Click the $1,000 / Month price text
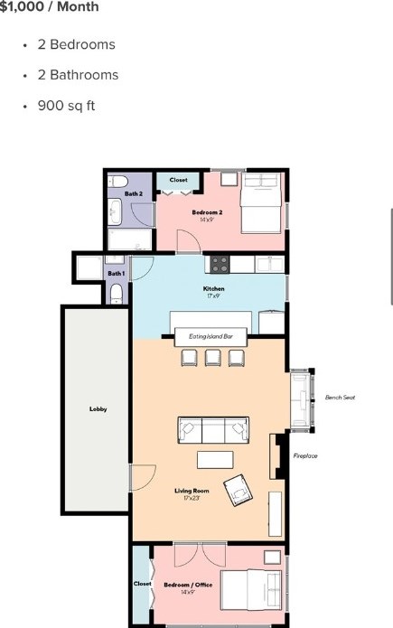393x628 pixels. (x=49, y=6)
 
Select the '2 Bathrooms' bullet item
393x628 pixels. (x=78, y=75)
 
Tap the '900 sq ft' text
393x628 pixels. (x=66, y=106)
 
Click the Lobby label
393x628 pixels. (x=98, y=409)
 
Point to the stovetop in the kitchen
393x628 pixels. (x=220, y=265)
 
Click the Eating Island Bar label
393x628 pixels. (x=211, y=336)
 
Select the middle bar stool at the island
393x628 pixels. (x=212, y=358)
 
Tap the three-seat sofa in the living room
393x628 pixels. (x=213, y=430)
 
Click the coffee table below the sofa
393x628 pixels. (x=215, y=460)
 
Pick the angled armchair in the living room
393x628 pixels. (x=239, y=491)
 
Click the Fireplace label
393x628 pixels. (x=305, y=455)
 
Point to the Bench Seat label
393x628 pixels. (x=340, y=398)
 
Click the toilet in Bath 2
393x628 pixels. (x=117, y=182)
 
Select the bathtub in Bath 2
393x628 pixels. (x=130, y=239)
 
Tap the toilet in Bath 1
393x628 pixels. (x=117, y=294)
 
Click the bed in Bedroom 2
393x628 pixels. (x=261, y=203)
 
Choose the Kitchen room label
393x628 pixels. (x=213, y=289)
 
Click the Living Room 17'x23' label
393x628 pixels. (x=192, y=494)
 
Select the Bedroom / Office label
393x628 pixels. (x=188, y=585)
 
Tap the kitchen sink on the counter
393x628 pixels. (x=270, y=265)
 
